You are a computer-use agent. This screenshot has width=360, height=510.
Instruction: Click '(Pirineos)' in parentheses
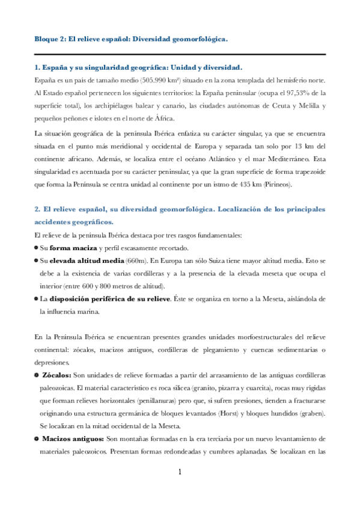[x=275, y=184]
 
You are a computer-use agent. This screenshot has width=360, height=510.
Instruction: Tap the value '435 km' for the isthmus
[x=247, y=184]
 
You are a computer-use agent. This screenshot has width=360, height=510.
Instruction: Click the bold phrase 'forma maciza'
[x=69, y=248]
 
